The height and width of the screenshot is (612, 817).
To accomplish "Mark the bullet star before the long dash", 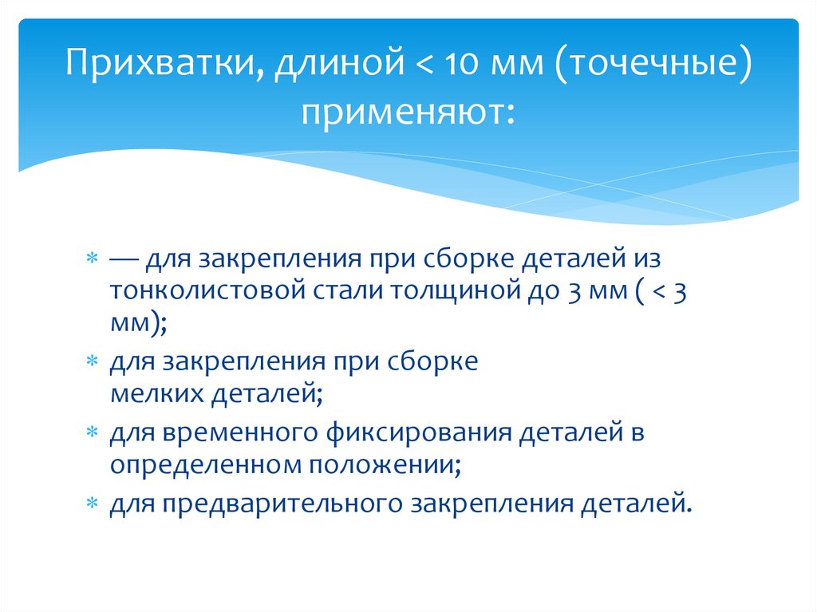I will (93, 260).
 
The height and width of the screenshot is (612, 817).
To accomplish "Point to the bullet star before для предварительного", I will (93, 503).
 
